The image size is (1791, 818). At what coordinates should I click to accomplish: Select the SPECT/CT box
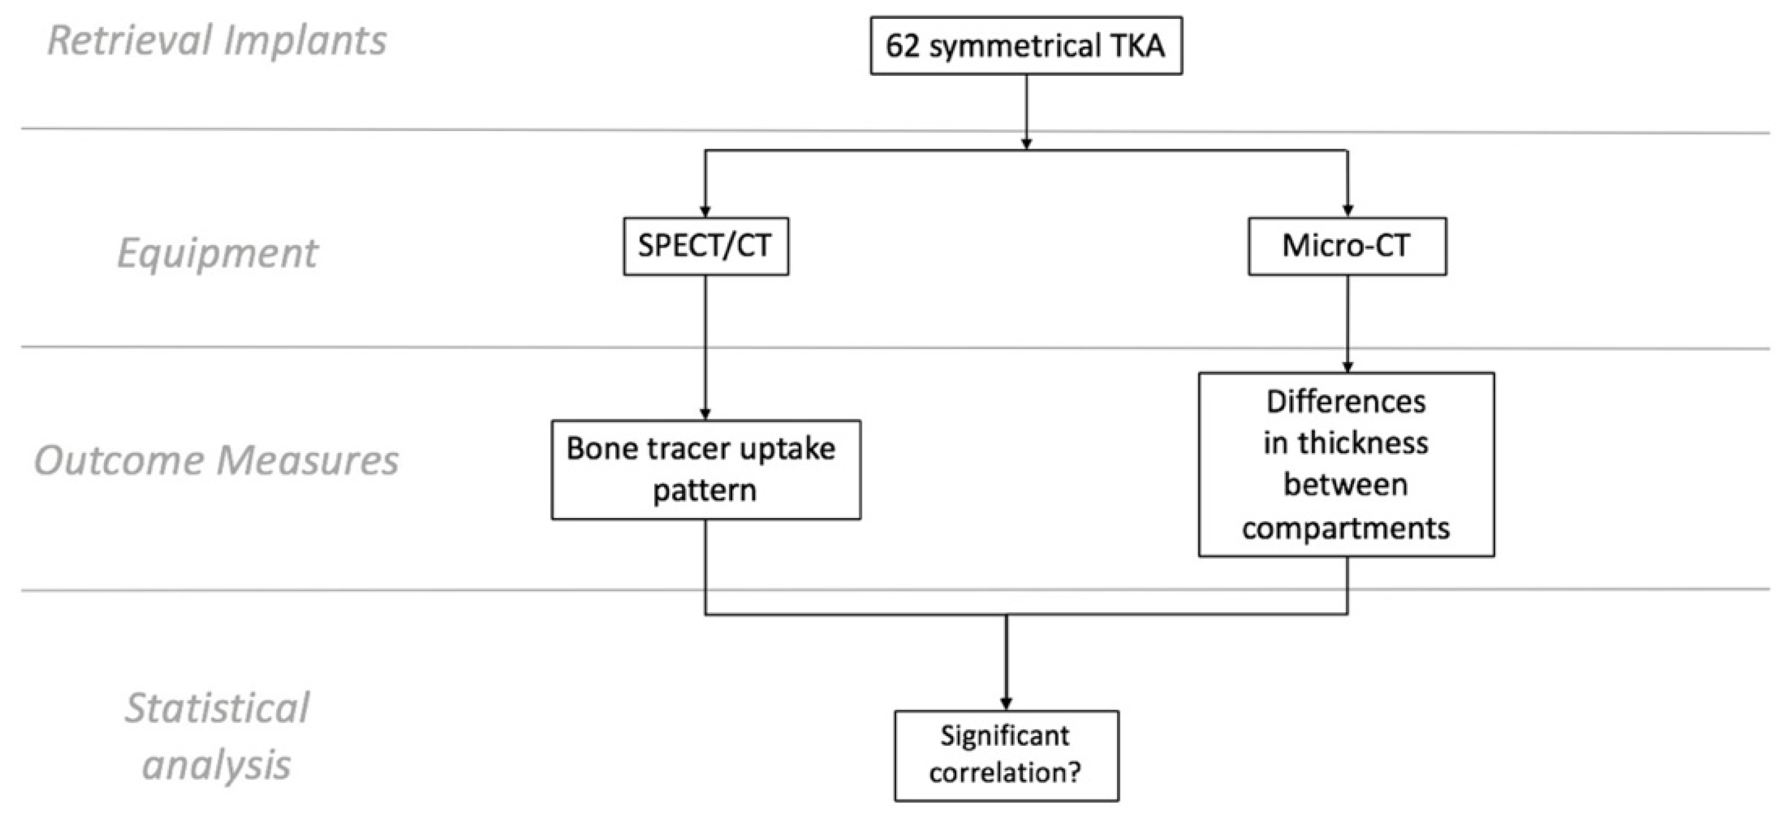(705, 246)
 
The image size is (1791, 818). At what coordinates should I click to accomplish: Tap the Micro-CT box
(1347, 246)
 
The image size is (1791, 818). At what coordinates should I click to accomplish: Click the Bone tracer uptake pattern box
(705, 470)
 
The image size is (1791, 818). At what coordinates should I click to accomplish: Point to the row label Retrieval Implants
(217, 40)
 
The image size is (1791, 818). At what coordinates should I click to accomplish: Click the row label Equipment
(217, 252)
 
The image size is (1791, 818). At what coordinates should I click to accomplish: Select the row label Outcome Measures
(217, 460)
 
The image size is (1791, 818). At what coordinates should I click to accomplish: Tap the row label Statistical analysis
(217, 736)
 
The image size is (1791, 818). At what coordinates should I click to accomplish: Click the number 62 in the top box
(902, 47)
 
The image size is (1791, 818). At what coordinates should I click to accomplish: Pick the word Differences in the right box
(1345, 402)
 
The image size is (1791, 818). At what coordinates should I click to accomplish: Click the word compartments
(1345, 528)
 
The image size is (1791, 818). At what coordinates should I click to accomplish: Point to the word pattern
(704, 491)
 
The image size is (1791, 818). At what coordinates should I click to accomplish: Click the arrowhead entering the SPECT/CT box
(705, 211)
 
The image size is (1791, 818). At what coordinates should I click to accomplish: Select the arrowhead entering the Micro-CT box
(1347, 211)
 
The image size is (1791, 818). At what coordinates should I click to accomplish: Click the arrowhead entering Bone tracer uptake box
(705, 414)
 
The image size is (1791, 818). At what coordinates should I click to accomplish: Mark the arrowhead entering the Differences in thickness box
(1347, 367)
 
